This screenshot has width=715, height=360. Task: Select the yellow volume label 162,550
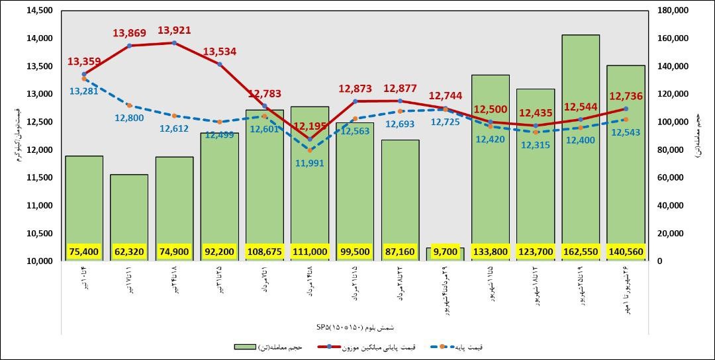580,252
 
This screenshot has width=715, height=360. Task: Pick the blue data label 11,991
310,163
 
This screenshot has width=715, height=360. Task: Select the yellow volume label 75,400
84,252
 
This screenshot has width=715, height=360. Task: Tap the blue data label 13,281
83,91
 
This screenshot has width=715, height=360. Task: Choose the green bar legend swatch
247,347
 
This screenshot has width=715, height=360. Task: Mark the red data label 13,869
129,32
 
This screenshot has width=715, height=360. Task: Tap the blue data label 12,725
445,122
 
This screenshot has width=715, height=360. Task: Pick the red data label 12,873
355,88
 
